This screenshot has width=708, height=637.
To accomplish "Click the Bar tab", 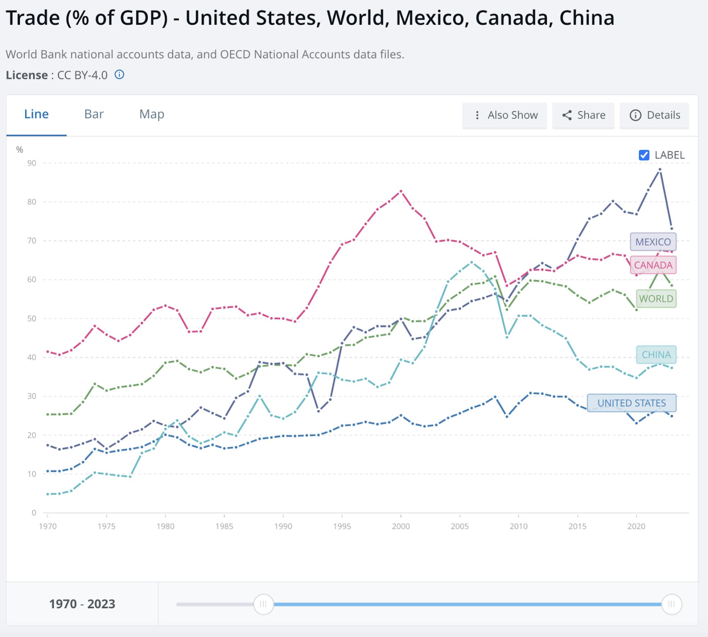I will point(94,114).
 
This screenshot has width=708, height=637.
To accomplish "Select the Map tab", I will point(152,114).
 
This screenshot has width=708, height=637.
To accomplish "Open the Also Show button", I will point(504,115).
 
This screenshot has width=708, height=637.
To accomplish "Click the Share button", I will point(583,115).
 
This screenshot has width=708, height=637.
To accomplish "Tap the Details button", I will point(655,115).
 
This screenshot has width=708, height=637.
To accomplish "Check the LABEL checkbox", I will point(644,155).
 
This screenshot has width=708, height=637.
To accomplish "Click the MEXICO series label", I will point(653,242).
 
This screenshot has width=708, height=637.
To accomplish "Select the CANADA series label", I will point(653,265).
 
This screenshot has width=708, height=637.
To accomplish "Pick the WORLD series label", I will point(656,298).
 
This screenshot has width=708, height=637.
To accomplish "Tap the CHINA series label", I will point(656,354).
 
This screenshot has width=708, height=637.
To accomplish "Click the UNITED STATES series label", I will point(632,403).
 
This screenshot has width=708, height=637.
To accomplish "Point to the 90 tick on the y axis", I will point(32,163).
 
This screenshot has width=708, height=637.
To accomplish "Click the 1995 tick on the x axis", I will point(342,526).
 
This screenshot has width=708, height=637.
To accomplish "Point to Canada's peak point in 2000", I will point(401,191).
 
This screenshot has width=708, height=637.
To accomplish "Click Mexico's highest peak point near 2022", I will point(660,170).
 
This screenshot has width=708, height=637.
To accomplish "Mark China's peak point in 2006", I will point(471,262).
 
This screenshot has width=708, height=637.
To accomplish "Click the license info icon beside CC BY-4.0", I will point(120,75).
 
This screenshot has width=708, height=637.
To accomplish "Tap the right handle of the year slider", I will point(671,604).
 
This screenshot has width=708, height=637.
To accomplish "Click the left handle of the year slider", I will point(263,604).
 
